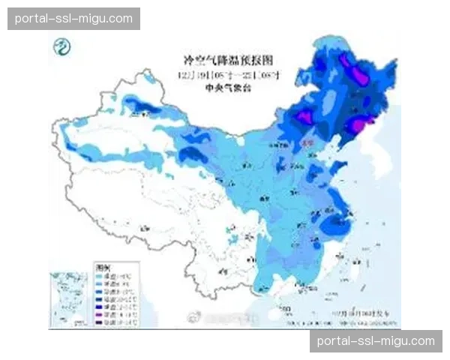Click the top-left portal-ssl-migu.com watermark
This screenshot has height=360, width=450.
[x=74, y=18]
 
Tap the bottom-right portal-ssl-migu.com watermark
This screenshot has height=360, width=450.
[x=375, y=341]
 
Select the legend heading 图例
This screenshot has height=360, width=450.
[x=102, y=265]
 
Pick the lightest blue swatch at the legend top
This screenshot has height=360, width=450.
[x=97, y=275]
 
